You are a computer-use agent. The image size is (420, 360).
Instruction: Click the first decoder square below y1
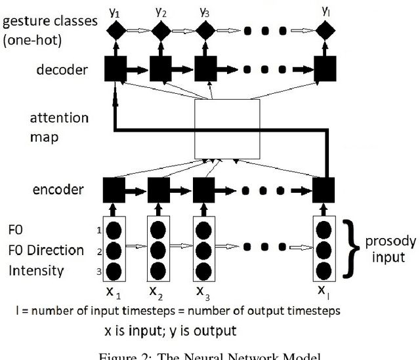[115, 68]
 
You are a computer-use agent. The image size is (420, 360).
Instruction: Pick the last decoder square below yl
[325, 68]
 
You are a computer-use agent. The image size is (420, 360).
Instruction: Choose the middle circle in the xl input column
[324, 251]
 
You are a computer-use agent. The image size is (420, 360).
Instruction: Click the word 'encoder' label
[58, 190]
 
